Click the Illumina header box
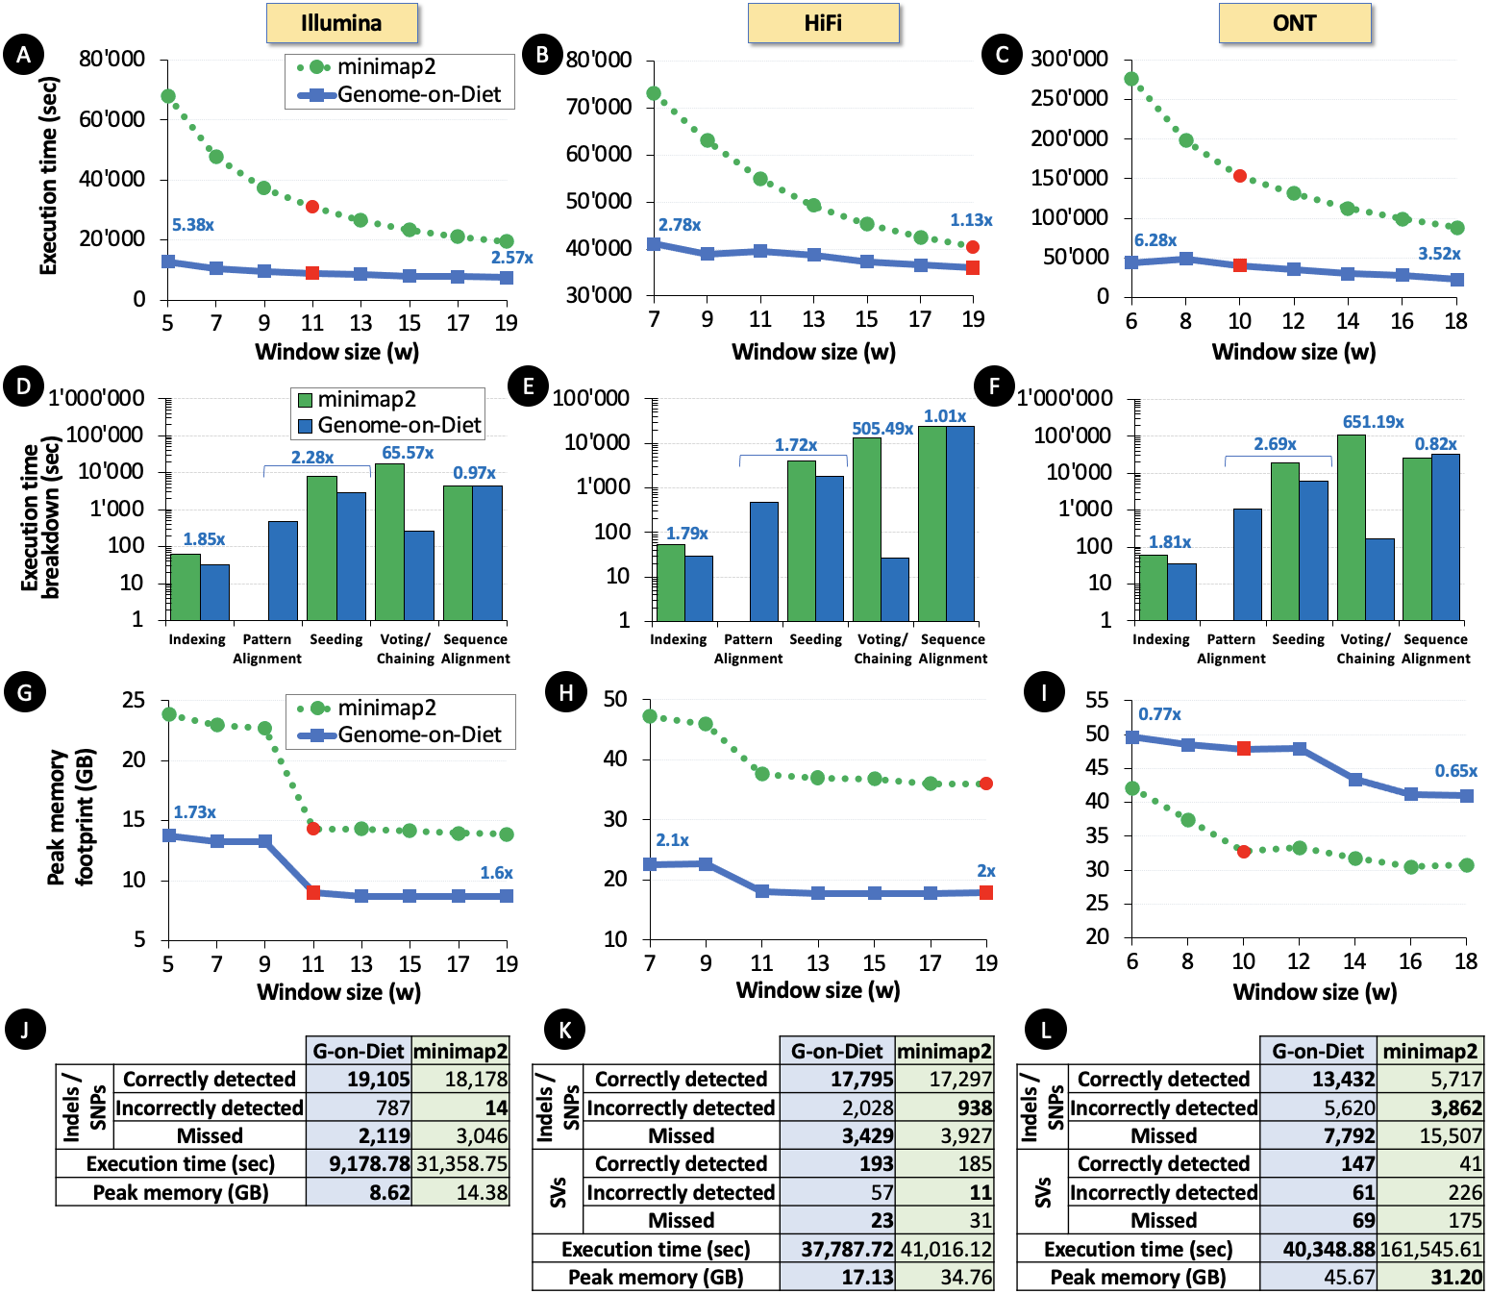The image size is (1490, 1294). point(341,23)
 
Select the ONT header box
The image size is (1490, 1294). point(1294,23)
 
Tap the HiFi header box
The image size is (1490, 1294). point(823,23)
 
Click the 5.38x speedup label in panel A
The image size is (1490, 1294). point(192,225)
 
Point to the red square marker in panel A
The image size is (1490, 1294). point(312,273)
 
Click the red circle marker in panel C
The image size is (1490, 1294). point(1240,176)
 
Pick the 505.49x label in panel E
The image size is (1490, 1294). point(882,429)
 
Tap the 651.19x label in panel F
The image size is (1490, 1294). point(1373,422)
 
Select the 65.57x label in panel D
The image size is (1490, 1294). point(408,453)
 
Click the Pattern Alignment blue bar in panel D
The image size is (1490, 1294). point(283,570)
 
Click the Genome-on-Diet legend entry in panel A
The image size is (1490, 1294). point(402,94)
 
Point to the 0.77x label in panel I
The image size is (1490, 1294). point(1159,714)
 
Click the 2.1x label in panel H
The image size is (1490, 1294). point(672,840)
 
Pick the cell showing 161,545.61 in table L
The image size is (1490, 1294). point(1430,1249)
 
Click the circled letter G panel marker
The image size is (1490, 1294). point(24,692)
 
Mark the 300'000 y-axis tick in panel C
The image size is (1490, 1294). point(1069,60)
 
